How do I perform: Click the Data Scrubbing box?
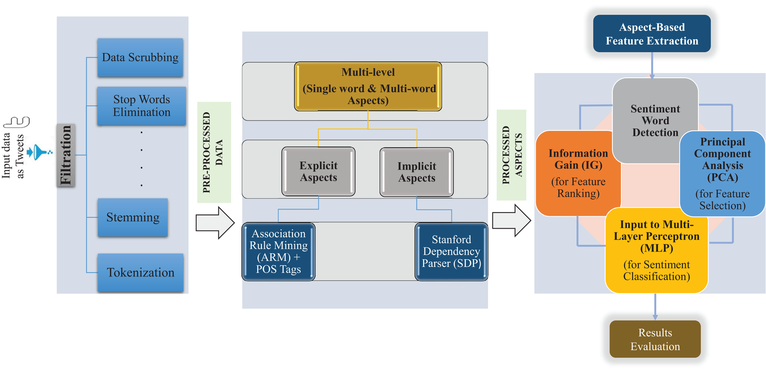[140, 58]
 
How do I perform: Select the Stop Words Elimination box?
[141, 106]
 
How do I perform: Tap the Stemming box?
[133, 217]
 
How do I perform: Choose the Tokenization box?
[140, 272]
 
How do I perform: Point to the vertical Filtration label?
[66, 155]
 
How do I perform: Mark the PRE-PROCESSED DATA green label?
[214, 152]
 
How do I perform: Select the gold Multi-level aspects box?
[368, 86]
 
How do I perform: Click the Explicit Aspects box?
[318, 171]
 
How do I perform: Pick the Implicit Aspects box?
[417, 172]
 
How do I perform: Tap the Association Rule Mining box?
[278, 251]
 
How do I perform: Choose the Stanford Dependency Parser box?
[451, 251]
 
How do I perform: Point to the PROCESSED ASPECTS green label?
[511, 154]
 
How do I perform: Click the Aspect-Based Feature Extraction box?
[652, 34]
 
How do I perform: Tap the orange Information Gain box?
[578, 173]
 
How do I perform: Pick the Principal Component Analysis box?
[722, 173]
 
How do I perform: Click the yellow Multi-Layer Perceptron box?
[656, 250]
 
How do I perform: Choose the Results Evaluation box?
[655, 339]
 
